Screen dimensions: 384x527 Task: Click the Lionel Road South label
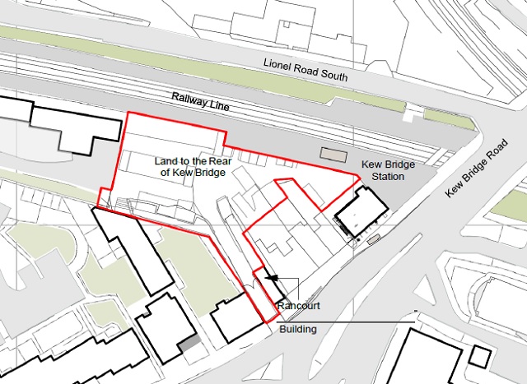point(305,69)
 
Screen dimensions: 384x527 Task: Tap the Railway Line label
point(200,102)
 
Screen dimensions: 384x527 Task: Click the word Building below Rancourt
point(297,329)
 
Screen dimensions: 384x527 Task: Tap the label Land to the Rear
point(194,160)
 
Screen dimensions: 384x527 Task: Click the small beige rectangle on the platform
point(333,153)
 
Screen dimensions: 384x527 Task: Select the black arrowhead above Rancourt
point(272,280)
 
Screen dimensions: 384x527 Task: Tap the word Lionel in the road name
point(277,64)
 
